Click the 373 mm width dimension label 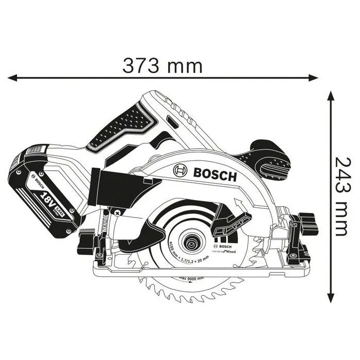click(x=162, y=65)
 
